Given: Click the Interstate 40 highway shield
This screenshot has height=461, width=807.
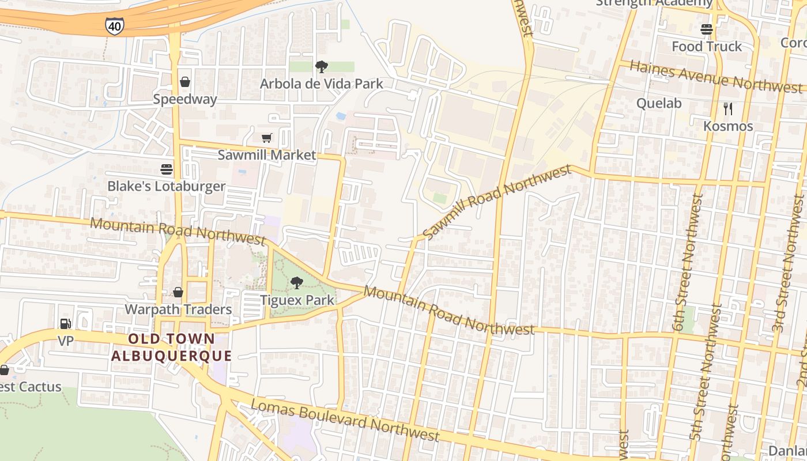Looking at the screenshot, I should point(114,25).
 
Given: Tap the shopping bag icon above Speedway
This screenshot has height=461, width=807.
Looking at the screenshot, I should point(185,82).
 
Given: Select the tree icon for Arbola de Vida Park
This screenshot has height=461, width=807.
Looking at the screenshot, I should point(321,67).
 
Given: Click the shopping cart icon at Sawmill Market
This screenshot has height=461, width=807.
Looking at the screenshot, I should point(266,138).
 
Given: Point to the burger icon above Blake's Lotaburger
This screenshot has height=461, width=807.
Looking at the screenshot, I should point(167,169).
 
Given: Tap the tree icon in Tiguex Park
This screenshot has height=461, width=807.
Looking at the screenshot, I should point(297,283).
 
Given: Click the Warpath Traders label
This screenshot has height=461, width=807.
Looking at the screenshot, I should point(178,309).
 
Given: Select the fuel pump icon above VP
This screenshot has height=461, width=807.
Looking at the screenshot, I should point(66,324).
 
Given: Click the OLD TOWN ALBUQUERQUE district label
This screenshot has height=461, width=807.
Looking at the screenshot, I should point(171,347).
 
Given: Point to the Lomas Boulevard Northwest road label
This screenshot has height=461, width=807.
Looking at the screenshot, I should point(345,419).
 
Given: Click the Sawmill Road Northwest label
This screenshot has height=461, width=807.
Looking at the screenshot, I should point(496,202).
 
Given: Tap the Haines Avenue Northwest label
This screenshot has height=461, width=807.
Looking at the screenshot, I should point(715,77).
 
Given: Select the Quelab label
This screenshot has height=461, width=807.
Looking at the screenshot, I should point(659,104).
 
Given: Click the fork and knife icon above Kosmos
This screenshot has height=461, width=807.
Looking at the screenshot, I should point(728,108).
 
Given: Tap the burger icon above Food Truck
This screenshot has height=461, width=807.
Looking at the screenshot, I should point(707,29).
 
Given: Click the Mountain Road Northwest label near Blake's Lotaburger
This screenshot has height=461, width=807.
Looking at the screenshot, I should point(177,230).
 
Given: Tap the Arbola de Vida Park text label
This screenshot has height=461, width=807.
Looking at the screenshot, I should point(321,84).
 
